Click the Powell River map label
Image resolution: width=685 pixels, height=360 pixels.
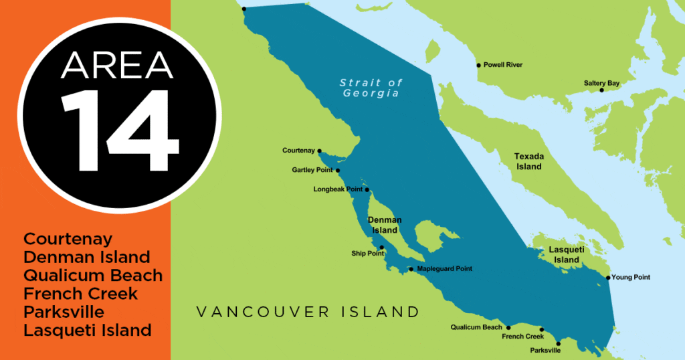click(503, 65)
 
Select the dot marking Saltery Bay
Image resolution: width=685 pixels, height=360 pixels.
click(601, 90)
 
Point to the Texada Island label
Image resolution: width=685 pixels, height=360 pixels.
click(528, 161)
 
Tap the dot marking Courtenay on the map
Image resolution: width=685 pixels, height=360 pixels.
click(320, 151)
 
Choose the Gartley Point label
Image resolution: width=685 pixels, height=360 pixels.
click(312, 171)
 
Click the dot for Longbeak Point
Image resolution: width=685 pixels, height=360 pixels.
click(367, 189)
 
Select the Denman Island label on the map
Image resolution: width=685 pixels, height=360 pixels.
click(385, 225)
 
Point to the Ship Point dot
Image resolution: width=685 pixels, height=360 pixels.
click(382, 248)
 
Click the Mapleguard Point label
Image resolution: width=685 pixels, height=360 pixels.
click(444, 269)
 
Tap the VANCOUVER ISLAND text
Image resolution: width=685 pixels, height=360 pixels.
click(308, 312)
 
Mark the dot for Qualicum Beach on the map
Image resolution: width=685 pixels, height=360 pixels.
click(508, 328)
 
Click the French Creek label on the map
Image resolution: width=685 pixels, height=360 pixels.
click(522, 337)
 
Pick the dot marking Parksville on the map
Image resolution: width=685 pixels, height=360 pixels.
click(559, 344)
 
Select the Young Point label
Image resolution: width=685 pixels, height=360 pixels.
click(631, 277)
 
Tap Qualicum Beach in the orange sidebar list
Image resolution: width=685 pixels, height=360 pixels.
click(93, 275)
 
